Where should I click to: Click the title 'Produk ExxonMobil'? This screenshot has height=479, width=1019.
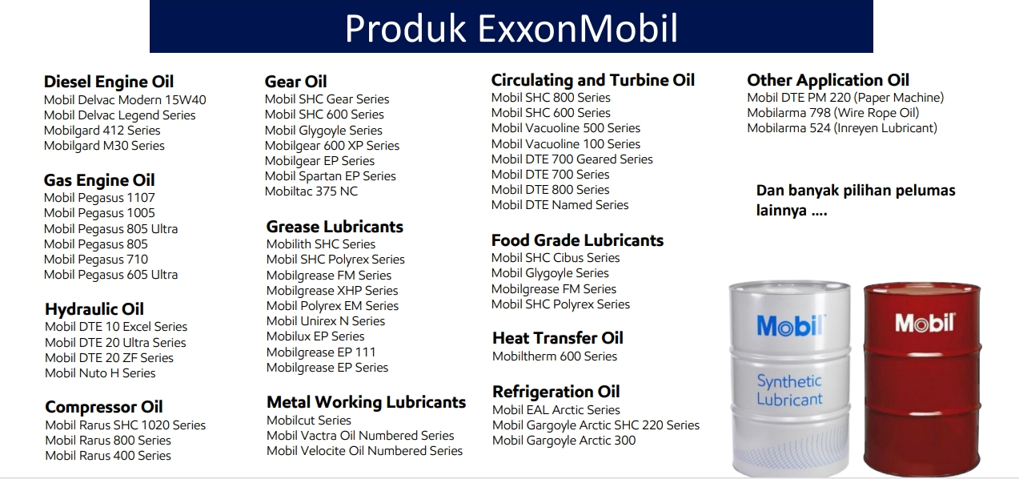pyautogui.click(x=512, y=28)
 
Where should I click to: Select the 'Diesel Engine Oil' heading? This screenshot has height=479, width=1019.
pyautogui.click(x=109, y=82)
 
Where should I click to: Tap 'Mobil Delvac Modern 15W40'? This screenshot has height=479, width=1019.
pyautogui.click(x=125, y=99)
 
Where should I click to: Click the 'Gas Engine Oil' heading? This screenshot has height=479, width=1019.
pyautogui.click(x=99, y=180)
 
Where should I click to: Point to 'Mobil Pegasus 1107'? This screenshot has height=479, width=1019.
pyautogui.click(x=99, y=198)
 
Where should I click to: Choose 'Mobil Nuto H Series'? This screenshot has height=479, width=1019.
pyautogui.click(x=100, y=373)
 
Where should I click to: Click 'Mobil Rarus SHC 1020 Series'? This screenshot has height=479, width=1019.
pyautogui.click(x=125, y=425)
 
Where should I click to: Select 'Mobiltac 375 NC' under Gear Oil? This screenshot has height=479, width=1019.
pyautogui.click(x=311, y=191)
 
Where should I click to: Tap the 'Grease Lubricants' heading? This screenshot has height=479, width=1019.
pyautogui.click(x=335, y=227)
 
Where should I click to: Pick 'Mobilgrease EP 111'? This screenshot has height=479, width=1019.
pyautogui.click(x=321, y=352)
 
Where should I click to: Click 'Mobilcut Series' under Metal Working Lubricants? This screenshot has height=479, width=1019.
pyautogui.click(x=309, y=420)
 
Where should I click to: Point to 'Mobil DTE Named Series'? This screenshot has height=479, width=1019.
pyautogui.click(x=560, y=205)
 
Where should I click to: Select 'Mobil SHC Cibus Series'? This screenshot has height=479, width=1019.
pyautogui.click(x=556, y=258)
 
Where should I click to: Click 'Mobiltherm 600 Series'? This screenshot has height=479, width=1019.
pyautogui.click(x=555, y=356)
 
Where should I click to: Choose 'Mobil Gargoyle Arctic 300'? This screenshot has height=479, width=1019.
pyautogui.click(x=564, y=441)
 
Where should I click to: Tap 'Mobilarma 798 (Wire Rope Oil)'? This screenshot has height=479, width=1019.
pyautogui.click(x=833, y=113)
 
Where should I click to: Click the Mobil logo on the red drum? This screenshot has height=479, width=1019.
pyautogui.click(x=925, y=323)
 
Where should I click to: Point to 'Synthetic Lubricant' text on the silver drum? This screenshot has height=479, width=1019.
pyautogui.click(x=789, y=390)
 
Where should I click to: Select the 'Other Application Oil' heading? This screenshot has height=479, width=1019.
pyautogui.click(x=828, y=80)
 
